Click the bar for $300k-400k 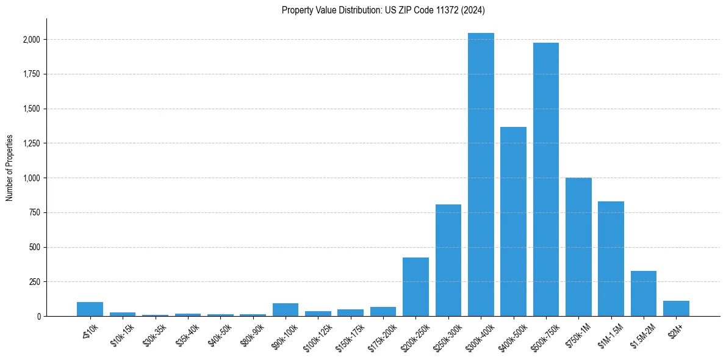[481, 175]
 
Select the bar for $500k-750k [545, 179]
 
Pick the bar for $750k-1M [578, 247]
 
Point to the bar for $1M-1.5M [611, 259]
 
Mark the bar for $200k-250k [415, 287]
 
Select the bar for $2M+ [676, 308]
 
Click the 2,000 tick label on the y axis [32, 40]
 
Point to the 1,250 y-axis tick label [32, 143]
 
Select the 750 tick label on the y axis [35, 213]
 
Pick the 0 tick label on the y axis [38, 317]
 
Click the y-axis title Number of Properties [9, 168]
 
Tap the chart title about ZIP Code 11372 [383, 10]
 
